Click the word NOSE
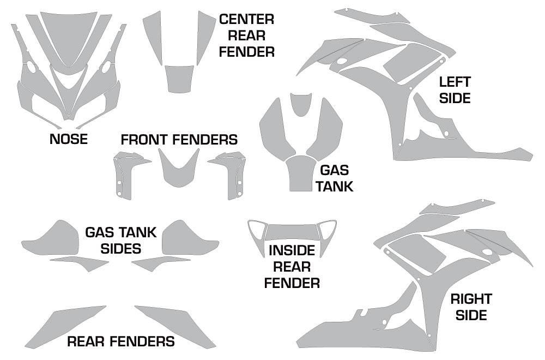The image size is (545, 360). (x=68, y=139)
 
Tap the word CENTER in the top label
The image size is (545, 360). (x=246, y=20)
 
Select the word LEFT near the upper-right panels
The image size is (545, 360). (x=455, y=82)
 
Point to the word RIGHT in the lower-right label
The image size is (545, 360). (x=471, y=299)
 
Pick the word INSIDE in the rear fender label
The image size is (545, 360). (x=292, y=251)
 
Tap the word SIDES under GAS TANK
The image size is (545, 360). (x=120, y=249)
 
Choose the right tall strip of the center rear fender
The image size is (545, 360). (x=205, y=35)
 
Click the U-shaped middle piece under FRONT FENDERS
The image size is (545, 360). (x=179, y=172)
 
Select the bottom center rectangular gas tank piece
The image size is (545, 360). (x=301, y=173)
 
